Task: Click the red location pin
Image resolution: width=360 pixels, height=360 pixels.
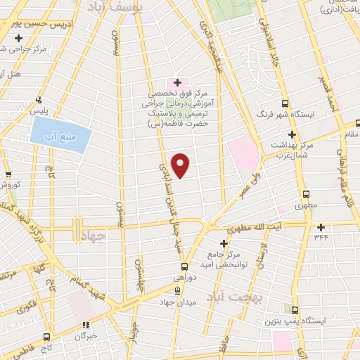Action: coord(181,165)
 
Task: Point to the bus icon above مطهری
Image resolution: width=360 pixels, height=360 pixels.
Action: coord(306,195)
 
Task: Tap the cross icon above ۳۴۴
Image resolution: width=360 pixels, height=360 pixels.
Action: coord(321,227)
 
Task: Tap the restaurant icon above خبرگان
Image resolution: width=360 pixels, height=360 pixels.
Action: coord(86,325)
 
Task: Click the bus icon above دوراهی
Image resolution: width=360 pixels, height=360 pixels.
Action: coord(184,266)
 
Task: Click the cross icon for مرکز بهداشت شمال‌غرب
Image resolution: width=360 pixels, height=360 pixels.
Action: coord(292,134)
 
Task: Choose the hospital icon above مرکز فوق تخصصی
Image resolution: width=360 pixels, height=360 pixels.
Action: coord(177,82)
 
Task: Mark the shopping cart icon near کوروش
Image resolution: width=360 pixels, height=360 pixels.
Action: coord(8,175)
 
